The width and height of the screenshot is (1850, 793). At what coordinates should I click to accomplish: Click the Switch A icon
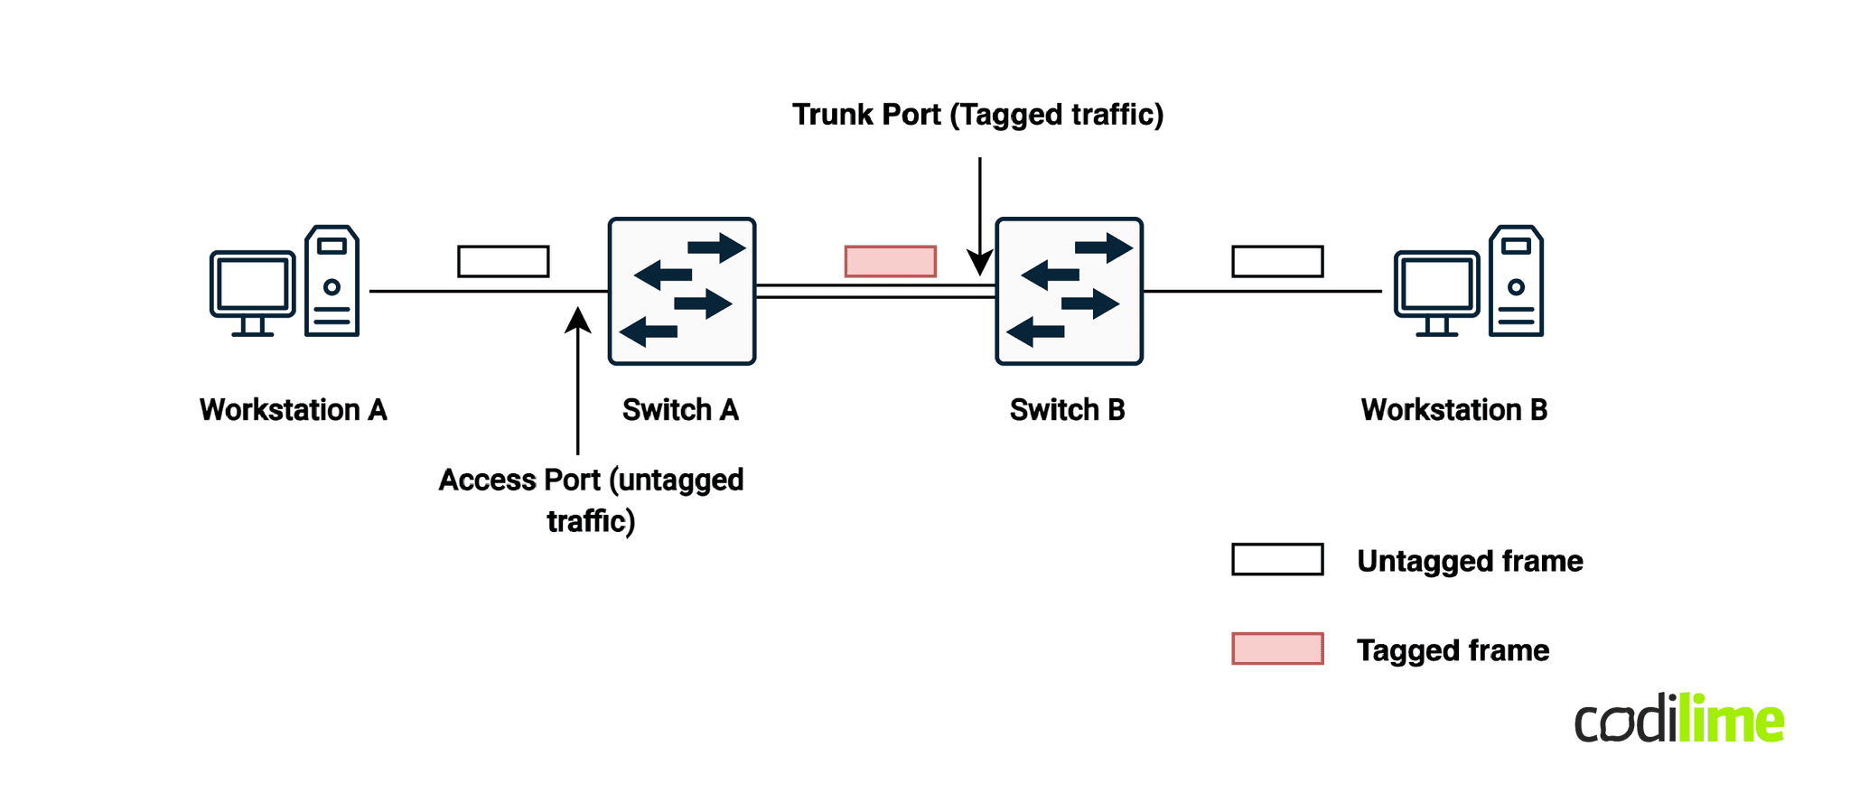tap(682, 291)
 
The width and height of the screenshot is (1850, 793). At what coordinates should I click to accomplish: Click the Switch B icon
tap(1069, 291)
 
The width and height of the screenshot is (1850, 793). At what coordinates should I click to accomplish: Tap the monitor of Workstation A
tap(253, 287)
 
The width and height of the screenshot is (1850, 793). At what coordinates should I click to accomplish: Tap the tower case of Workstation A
tap(332, 282)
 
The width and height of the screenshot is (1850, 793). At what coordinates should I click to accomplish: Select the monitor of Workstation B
tap(1436, 287)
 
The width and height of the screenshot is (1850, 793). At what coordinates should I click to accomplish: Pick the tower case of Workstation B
tap(1516, 282)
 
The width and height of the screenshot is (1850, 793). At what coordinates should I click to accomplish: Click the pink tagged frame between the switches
tap(890, 261)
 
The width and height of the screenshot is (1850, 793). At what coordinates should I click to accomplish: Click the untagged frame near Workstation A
tap(503, 261)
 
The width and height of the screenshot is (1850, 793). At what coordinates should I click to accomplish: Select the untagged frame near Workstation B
tap(1277, 261)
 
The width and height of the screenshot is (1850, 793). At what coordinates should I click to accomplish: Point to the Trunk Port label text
tap(977, 115)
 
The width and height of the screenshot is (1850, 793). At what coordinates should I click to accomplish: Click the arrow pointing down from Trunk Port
tap(980, 217)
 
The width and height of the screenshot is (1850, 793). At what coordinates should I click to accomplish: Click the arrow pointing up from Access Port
tap(577, 379)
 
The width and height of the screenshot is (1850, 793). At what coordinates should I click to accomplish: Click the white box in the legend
tap(1277, 559)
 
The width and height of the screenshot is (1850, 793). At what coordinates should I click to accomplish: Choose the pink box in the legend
tap(1277, 648)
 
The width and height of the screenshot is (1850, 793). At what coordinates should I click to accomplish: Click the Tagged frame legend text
tap(1453, 650)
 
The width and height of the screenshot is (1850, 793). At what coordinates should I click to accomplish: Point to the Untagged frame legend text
tap(1470, 561)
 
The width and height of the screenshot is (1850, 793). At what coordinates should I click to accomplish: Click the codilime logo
tap(1679, 720)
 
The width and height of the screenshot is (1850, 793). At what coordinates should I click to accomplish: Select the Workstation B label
tap(1453, 410)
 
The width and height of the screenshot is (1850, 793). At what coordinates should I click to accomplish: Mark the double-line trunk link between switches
tap(874, 291)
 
